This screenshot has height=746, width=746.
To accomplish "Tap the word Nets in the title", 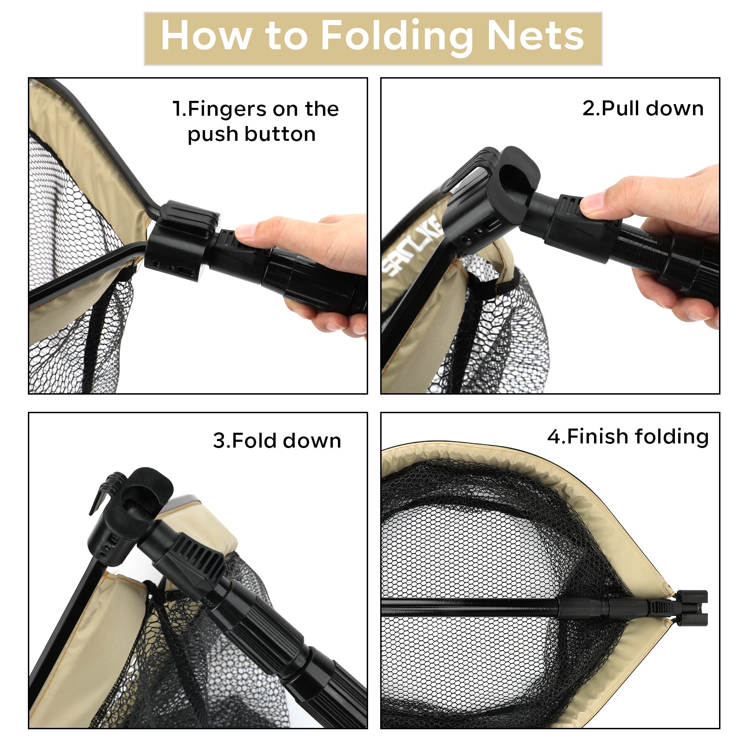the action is coord(536,36).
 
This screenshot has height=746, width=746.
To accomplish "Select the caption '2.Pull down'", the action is coord(643,108).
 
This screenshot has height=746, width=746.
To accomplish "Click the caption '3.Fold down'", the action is coord(277,440).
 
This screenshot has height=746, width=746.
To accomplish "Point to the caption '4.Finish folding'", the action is coord(628,437).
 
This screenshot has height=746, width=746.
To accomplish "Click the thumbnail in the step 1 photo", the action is coord(247,231).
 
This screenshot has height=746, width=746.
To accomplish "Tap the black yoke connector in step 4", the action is coord(691,607).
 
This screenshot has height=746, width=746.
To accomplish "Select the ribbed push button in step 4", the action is coord(660,607).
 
